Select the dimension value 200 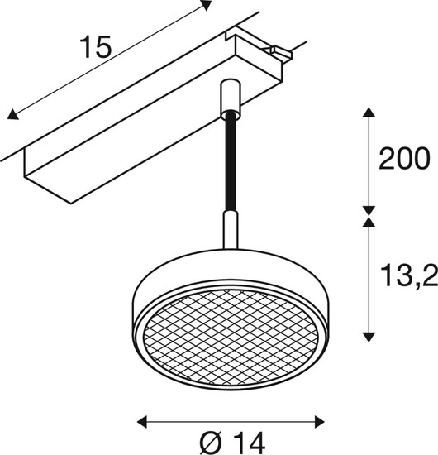tap(404, 159)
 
